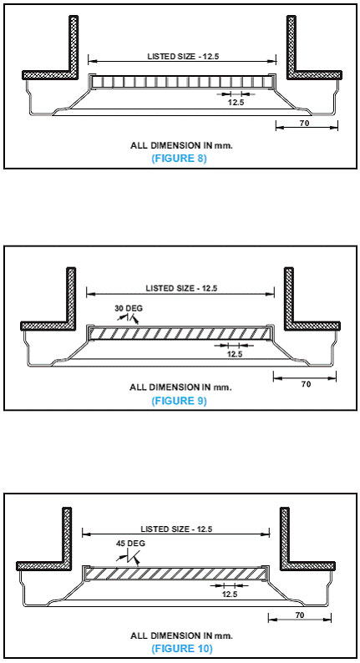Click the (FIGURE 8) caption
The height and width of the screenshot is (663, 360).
coord(179,159)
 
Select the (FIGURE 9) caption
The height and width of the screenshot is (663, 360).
coord(179,401)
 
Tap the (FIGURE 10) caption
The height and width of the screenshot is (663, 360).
coord(182,648)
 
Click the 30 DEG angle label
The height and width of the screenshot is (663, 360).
coord(129,308)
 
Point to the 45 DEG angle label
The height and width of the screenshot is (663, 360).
coord(130,544)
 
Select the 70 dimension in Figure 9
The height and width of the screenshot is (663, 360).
coord(306,384)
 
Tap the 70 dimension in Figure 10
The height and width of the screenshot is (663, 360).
coord(300,615)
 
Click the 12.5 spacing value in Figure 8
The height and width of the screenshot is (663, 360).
coord(236,102)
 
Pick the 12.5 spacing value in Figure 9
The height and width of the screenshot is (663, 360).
coord(235,354)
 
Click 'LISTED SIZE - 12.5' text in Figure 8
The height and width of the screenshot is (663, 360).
coord(183,56)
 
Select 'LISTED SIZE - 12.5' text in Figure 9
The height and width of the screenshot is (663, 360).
coord(181,288)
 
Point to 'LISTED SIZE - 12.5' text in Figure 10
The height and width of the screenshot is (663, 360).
coord(176,529)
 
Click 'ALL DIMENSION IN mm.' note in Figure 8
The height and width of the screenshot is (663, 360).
coord(182,145)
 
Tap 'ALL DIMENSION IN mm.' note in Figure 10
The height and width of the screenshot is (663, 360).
coord(181,635)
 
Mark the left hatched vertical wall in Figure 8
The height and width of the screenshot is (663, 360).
coord(74,44)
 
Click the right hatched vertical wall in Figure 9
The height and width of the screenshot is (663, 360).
coord(289,295)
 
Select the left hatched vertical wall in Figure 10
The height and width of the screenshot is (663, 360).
coord(67,535)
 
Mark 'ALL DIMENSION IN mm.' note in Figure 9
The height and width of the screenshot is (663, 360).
coord(180,387)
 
